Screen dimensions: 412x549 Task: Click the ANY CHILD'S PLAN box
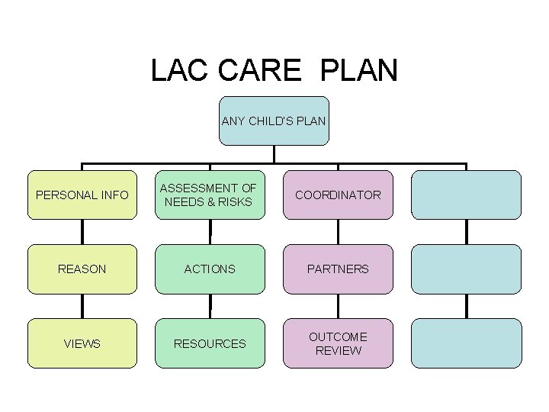(x=274, y=121)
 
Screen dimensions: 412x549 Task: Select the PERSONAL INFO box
(x=82, y=195)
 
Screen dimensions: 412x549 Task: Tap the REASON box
(x=82, y=269)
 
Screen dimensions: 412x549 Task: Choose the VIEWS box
(x=82, y=343)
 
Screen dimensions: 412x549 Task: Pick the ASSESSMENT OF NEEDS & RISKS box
(x=210, y=195)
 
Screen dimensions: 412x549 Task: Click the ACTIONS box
(x=210, y=269)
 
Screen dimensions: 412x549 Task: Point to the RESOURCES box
(x=210, y=343)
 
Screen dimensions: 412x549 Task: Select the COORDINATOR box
(x=338, y=195)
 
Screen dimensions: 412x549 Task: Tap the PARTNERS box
(x=338, y=269)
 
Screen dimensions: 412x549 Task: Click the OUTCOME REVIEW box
(x=338, y=343)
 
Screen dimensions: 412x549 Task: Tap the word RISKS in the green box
(x=236, y=201)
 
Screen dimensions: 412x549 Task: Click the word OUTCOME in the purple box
(x=338, y=336)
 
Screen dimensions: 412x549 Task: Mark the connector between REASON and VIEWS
(x=82, y=306)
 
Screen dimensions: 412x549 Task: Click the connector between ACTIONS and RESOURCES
(x=210, y=306)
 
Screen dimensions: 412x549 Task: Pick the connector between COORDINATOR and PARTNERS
(x=338, y=232)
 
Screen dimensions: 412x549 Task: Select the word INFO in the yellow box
(x=114, y=195)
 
